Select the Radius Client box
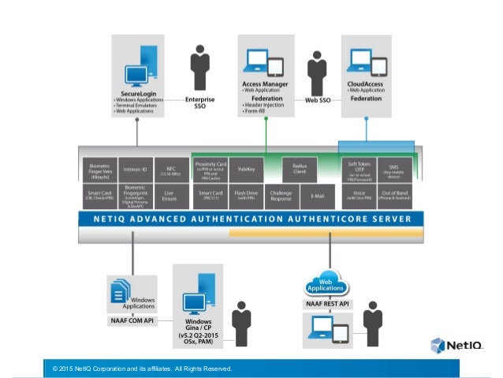300,169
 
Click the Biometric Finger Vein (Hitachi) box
100,169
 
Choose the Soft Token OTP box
358,169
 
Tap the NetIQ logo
456,345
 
